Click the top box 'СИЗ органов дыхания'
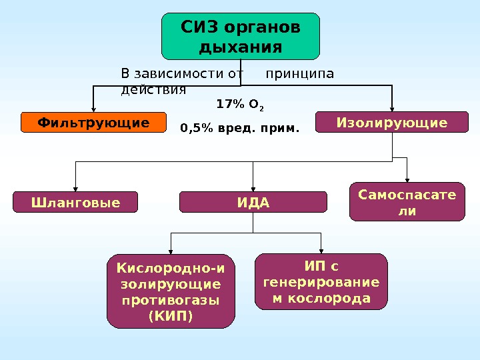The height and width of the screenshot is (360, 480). [241, 36]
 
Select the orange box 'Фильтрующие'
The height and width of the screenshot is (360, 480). [93, 123]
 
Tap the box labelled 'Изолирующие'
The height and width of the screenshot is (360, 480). [391, 123]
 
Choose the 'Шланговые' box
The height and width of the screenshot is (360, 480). [75, 202]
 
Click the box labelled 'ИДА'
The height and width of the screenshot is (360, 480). [253, 202]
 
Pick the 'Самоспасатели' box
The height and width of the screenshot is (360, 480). [407, 201]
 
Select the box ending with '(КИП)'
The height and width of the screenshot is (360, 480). [171, 291]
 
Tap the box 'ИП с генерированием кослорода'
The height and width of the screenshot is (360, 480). [321, 282]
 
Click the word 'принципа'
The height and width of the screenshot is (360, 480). [299, 73]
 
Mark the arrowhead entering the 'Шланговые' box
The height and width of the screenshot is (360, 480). [75, 189]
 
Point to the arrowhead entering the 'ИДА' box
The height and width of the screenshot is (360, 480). [253, 189]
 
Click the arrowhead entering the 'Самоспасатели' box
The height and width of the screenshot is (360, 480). [407, 178]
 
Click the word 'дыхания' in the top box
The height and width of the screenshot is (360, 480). [241, 48]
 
